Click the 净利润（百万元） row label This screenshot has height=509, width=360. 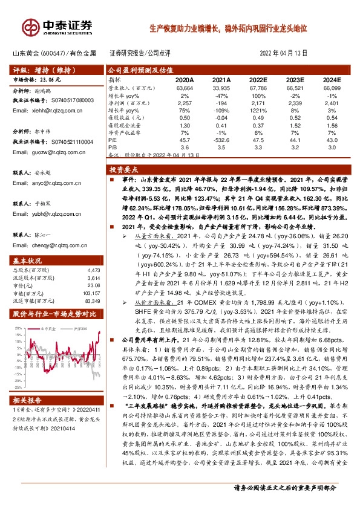(x=126, y=102)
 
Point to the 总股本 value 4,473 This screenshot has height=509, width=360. (x=93, y=270)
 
